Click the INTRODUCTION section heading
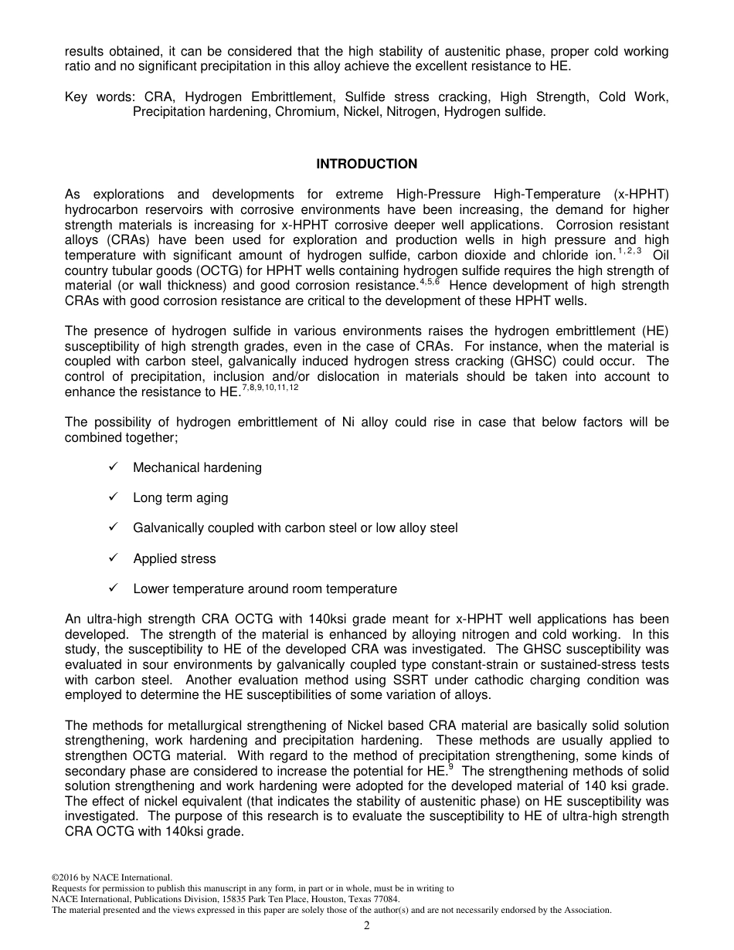[x=366, y=164]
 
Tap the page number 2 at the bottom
[x=367, y=926]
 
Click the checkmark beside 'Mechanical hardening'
[x=113, y=467]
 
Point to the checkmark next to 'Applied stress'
[x=113, y=558]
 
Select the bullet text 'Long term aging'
[x=180, y=497]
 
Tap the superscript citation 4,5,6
[x=429, y=282]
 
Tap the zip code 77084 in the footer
[x=384, y=899]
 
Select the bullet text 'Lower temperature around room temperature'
[x=264, y=589]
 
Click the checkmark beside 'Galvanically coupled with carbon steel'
[x=113, y=528]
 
